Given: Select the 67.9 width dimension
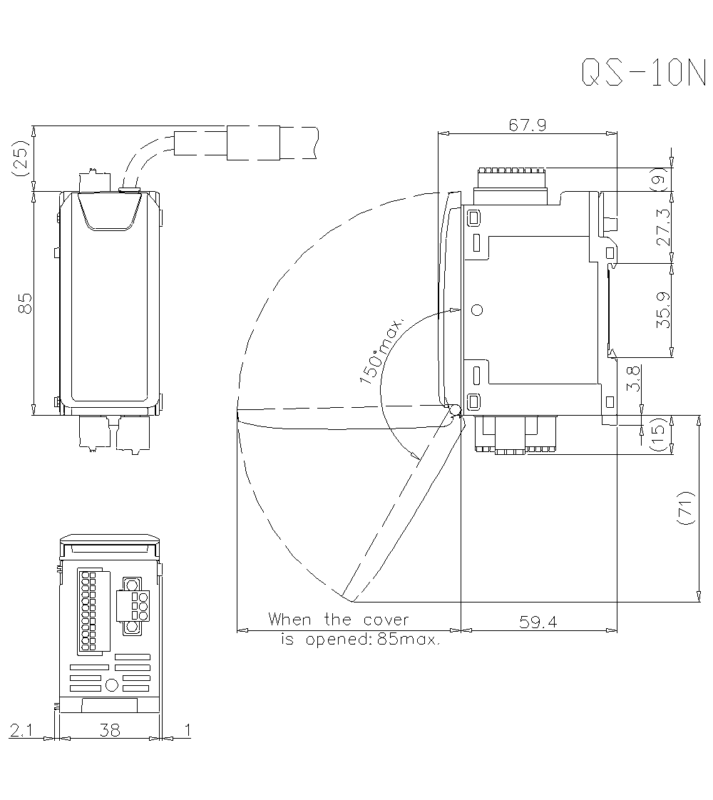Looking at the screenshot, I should [x=528, y=125].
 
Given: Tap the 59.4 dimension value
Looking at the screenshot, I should [x=538, y=622].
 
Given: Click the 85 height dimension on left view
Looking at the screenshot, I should [x=24, y=303].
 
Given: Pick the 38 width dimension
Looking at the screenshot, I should [x=110, y=730].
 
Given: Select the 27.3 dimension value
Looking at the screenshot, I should [x=664, y=227].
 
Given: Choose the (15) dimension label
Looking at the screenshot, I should [x=660, y=434].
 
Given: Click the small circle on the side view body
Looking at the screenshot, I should [x=477, y=309].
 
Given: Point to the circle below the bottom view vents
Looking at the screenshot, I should [x=111, y=685].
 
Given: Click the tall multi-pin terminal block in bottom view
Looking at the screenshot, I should [x=88, y=612].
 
